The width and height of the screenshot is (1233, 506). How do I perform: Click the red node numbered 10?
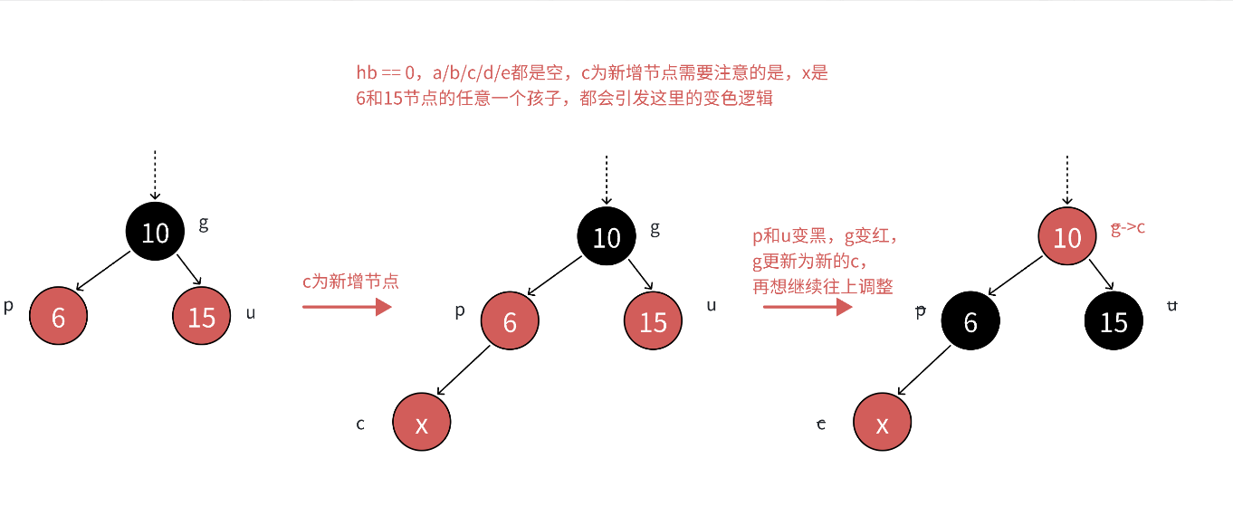[x=1067, y=237]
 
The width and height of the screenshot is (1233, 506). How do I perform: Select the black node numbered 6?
[x=970, y=322]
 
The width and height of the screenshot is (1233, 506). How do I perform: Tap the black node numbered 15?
[x=1114, y=322]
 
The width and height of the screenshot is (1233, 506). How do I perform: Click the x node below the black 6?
[x=883, y=422]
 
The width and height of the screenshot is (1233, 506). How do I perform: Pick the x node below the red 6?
[x=421, y=422]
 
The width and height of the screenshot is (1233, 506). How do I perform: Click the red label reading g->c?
[x=1128, y=227]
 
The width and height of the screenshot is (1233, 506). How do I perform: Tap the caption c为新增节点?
[x=350, y=282]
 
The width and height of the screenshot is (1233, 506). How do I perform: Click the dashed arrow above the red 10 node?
[x=1067, y=179]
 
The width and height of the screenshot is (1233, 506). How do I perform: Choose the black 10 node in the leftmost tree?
[x=155, y=233]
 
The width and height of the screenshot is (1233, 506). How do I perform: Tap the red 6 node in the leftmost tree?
[x=58, y=317]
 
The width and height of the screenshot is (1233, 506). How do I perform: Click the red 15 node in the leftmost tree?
[x=201, y=317]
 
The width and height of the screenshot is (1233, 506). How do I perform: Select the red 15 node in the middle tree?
[x=653, y=322]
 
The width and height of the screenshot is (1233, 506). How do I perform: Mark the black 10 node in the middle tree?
[x=606, y=237]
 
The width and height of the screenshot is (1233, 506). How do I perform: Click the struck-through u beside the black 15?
[x=1171, y=306]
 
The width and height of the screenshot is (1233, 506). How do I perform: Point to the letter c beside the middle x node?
[x=360, y=424]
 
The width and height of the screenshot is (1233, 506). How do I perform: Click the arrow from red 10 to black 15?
[x=1102, y=275]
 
